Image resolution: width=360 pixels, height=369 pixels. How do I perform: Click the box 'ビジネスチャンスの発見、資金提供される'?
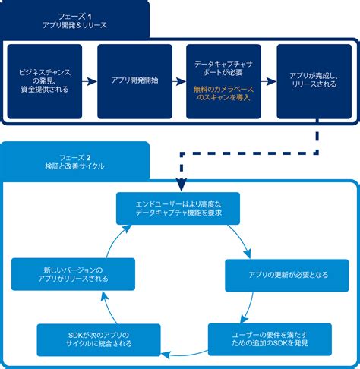[45, 82]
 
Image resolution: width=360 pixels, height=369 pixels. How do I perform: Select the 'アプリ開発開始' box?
[134, 82]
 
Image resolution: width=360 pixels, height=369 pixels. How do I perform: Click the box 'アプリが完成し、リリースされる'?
[314, 82]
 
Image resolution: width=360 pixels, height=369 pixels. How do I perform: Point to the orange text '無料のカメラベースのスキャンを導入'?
[223, 94]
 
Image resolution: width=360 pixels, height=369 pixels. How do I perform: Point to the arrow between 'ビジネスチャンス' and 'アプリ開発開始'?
[90, 80]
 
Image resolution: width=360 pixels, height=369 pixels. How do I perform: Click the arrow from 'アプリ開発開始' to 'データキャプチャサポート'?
[179, 80]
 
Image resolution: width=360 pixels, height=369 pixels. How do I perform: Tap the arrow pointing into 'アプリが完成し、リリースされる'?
[268, 80]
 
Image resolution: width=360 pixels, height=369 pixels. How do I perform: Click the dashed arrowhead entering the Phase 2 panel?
[181, 184]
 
